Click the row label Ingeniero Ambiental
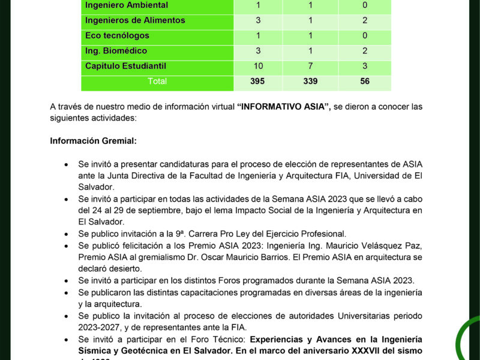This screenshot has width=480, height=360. pyautogui.click(x=127, y=5)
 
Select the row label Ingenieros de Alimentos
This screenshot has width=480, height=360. pyautogui.click(x=135, y=20)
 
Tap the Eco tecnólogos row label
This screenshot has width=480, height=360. pyautogui.click(x=117, y=36)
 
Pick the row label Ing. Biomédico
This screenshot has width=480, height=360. pyautogui.click(x=116, y=51)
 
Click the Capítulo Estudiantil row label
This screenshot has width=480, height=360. pyautogui.click(x=125, y=66)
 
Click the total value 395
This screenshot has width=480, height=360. pyautogui.click(x=257, y=81)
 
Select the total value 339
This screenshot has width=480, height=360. pyautogui.click(x=310, y=81)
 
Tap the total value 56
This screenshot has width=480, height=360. pyautogui.click(x=365, y=81)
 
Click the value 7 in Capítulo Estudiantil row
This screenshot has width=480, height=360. pyautogui.click(x=310, y=66)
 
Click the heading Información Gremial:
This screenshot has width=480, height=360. pyautogui.click(x=93, y=142)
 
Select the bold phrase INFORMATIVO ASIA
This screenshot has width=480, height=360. pyautogui.click(x=284, y=107)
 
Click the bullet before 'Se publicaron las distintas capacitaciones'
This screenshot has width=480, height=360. pyautogui.click(x=66, y=292)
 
